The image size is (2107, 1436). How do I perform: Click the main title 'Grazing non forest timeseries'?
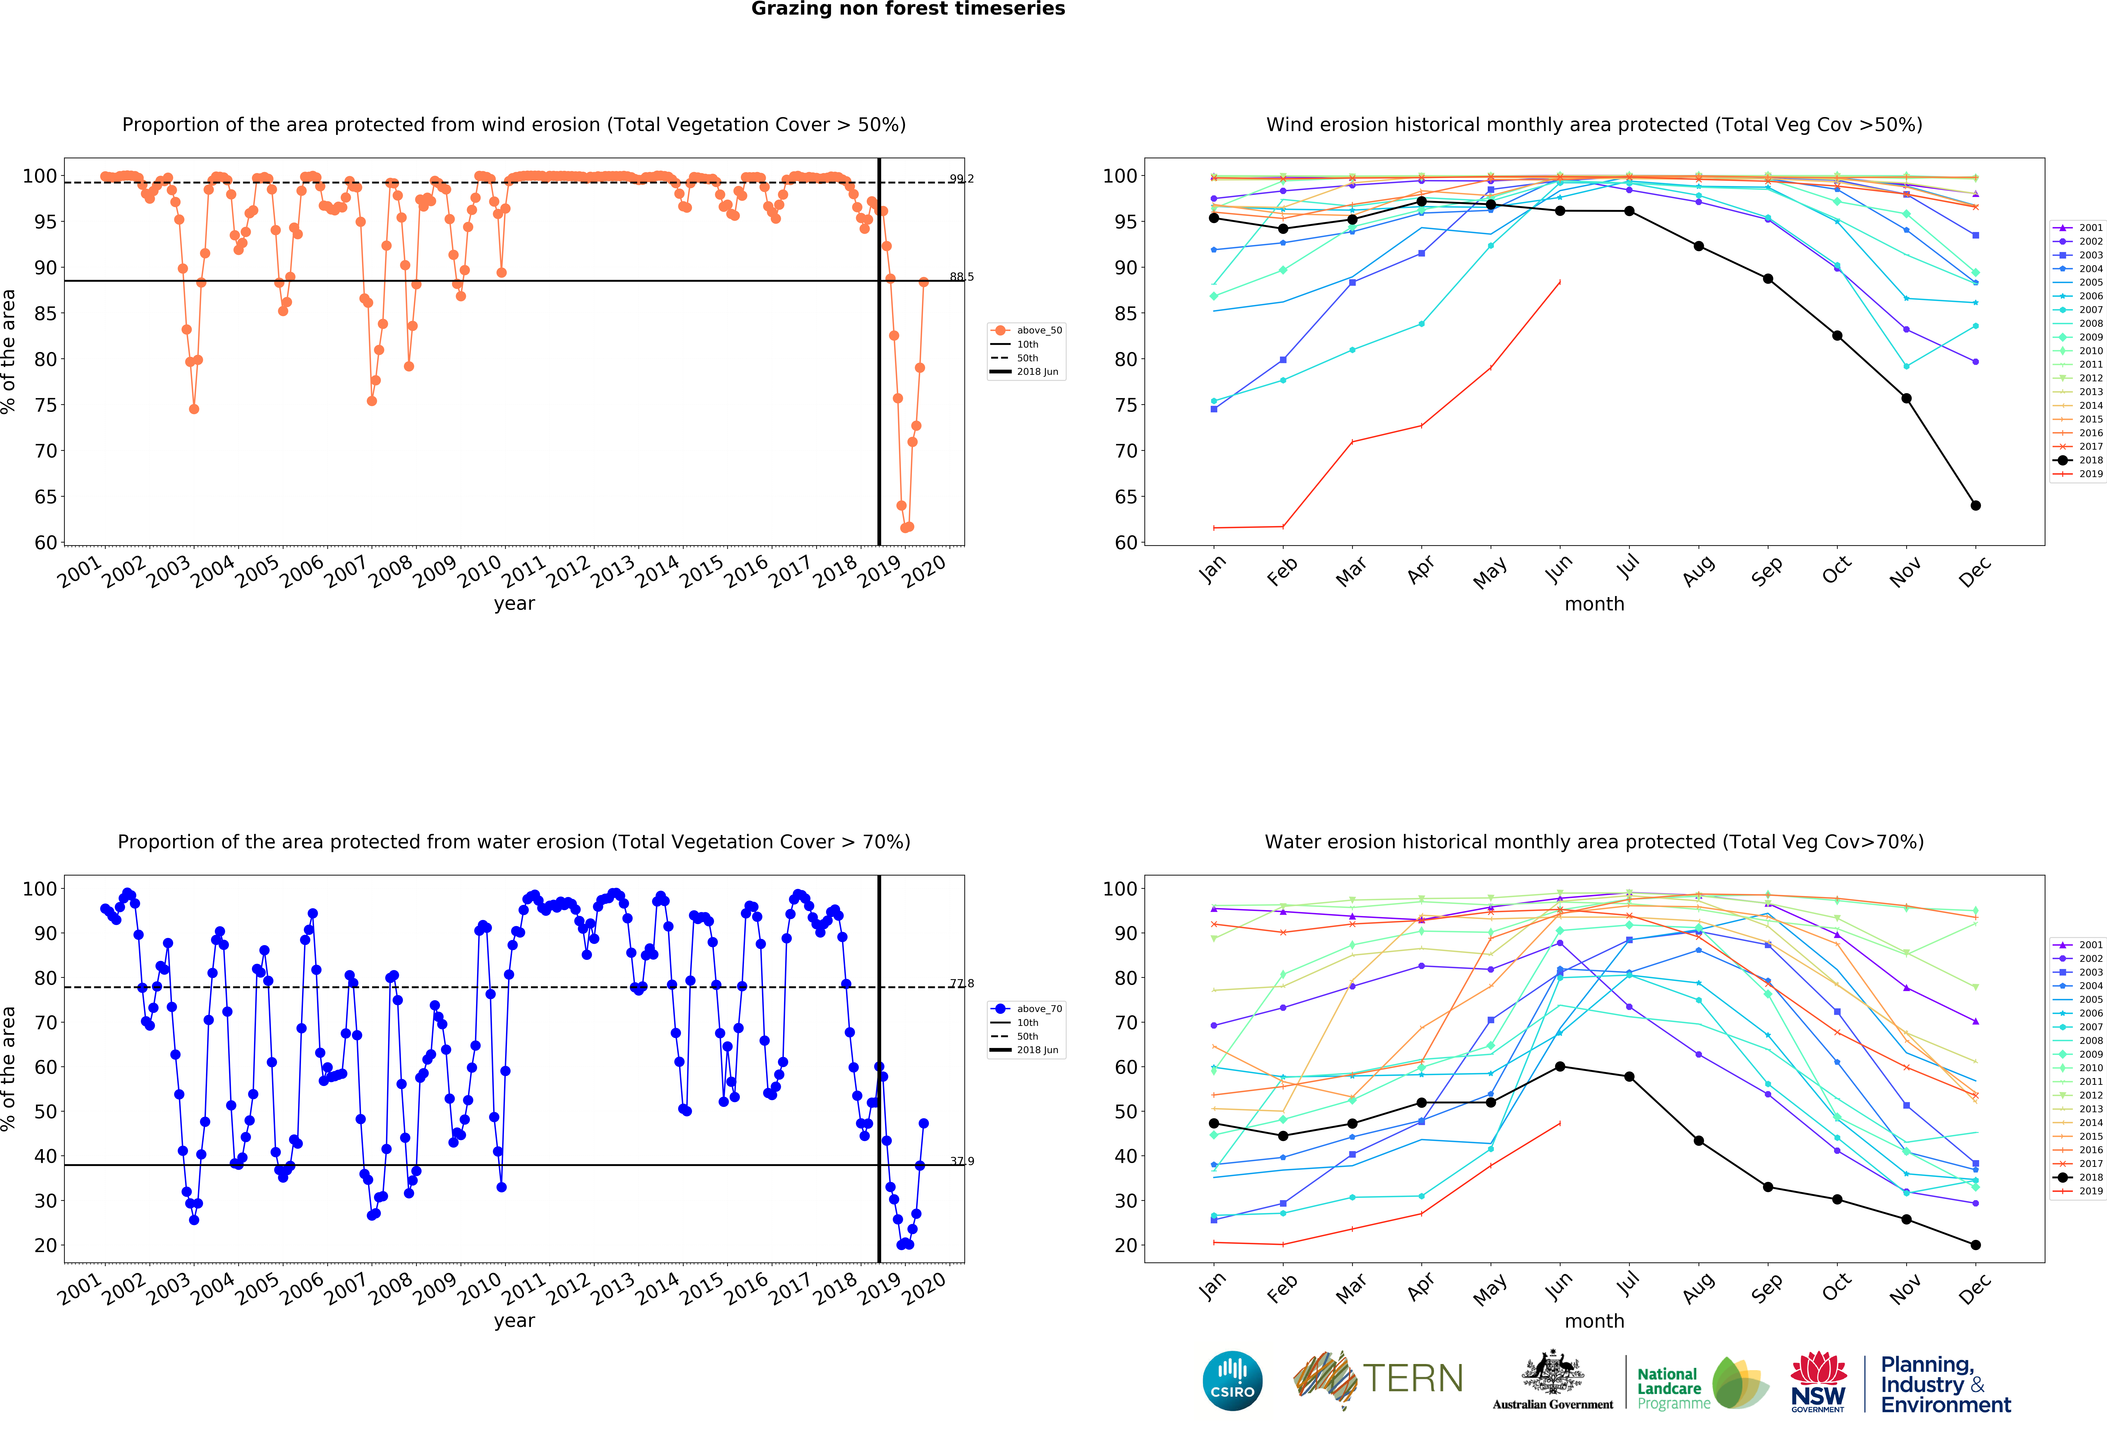point(907,9)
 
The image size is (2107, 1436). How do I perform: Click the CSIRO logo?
point(1232,1381)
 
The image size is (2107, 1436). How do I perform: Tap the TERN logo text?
point(1413,1379)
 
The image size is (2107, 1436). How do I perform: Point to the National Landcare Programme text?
point(1669,1388)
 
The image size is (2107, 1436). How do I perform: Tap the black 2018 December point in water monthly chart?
point(1975,1245)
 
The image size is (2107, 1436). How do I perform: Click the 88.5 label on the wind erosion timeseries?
point(961,277)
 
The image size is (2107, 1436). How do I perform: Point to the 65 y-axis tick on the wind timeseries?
point(45,497)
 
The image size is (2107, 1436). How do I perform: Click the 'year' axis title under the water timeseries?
point(514,1321)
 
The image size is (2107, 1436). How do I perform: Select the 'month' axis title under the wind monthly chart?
point(1594,604)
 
